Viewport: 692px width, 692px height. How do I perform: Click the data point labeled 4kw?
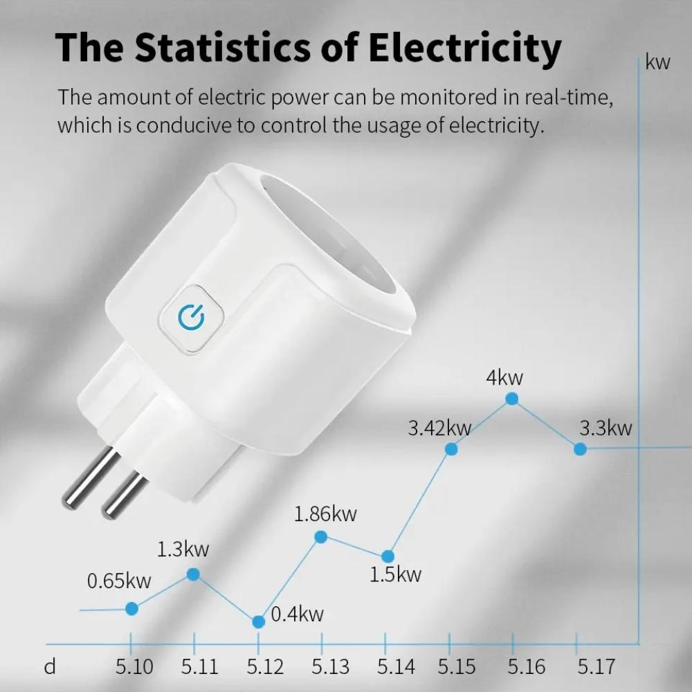512,399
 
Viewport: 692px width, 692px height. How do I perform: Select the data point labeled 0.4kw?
258,621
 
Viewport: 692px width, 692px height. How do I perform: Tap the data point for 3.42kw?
451,449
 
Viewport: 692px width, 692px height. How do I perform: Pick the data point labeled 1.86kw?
321,536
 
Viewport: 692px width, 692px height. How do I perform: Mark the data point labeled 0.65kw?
132,608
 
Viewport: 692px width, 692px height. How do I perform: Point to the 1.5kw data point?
388,556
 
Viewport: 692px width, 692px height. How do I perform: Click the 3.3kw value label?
605,428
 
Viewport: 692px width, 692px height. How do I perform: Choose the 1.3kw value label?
183,550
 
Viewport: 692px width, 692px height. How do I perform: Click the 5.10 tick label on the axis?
134,666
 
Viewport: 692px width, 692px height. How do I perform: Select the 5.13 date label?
330,666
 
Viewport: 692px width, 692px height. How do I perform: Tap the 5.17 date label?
596,666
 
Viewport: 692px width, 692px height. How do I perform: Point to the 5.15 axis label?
457,666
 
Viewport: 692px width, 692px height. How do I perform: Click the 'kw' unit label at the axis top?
657,62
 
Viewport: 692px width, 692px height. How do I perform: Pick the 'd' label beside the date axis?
50,666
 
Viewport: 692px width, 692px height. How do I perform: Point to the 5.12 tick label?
265,666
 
